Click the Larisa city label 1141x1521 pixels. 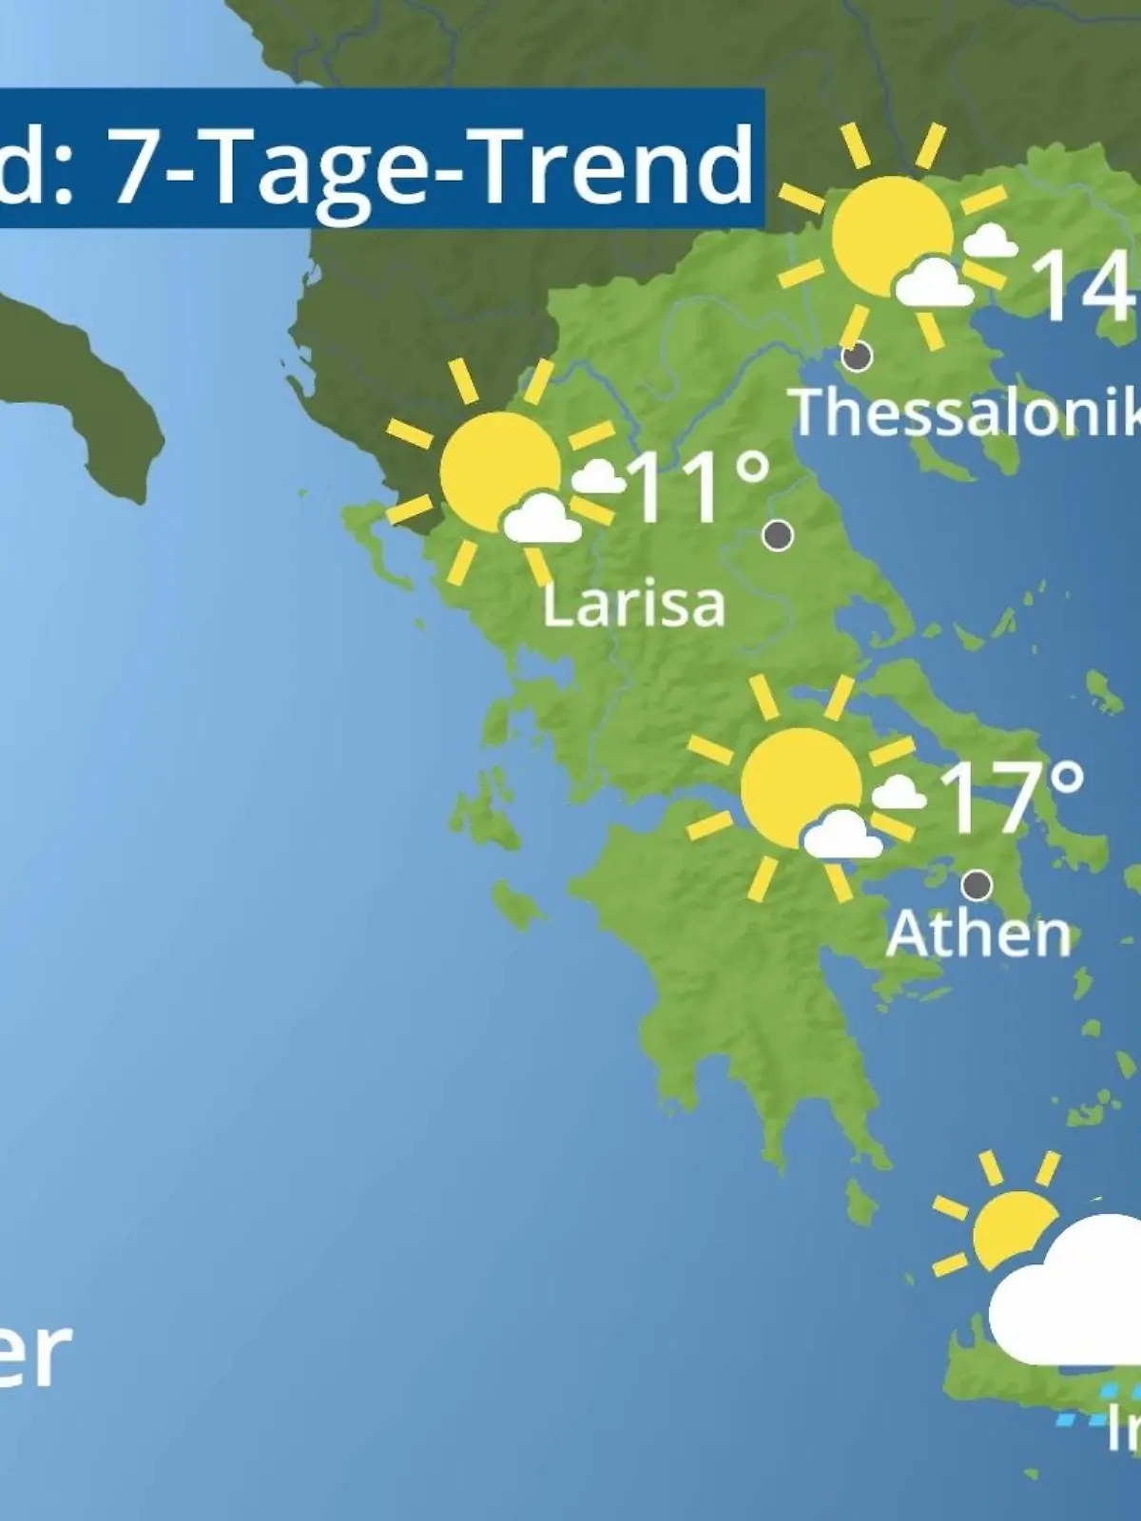point(633,605)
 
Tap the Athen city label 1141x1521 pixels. point(978,934)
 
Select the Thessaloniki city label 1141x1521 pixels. point(965,413)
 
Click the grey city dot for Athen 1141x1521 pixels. point(977,885)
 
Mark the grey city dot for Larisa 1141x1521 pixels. point(778,535)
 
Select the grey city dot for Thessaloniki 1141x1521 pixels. point(858,356)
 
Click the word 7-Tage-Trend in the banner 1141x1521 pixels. point(433,164)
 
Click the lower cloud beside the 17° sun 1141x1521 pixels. point(841,835)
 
